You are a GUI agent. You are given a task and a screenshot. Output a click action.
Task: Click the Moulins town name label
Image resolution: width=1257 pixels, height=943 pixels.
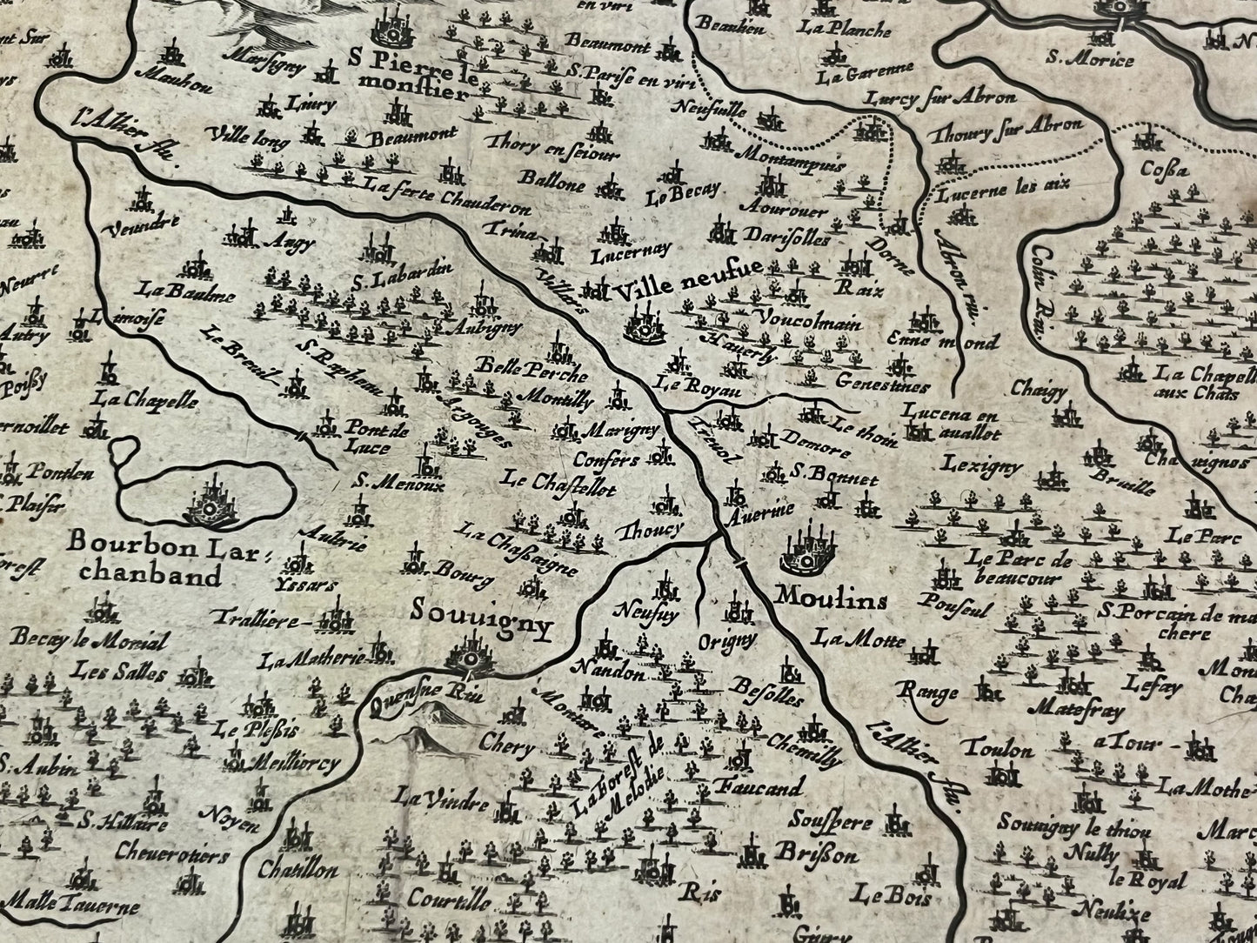(830, 599)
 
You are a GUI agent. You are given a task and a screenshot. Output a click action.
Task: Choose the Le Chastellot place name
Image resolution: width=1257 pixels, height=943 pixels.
(559, 484)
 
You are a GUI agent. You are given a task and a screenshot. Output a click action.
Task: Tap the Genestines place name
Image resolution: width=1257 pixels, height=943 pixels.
(881, 385)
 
